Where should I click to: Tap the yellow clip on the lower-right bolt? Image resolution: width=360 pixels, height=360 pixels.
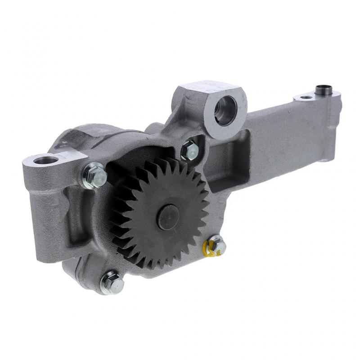[209, 248]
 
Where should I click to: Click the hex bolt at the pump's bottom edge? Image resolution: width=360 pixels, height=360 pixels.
[111, 282]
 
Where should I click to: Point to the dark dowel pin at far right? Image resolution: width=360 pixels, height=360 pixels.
[322, 89]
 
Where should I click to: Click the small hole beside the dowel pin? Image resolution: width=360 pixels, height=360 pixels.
[306, 97]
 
